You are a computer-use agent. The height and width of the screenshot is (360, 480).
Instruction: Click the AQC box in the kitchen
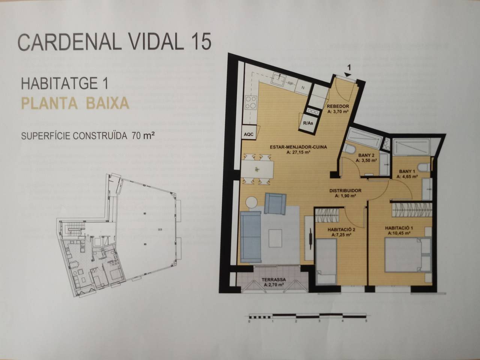(x=249, y=134)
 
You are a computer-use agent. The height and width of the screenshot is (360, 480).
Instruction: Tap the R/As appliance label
(x=308, y=123)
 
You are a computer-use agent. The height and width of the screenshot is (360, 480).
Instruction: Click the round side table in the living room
(x=252, y=202)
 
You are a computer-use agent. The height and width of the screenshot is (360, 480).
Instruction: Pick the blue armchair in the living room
(x=275, y=204)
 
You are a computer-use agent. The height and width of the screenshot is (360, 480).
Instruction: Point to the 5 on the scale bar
(x=366, y=321)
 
